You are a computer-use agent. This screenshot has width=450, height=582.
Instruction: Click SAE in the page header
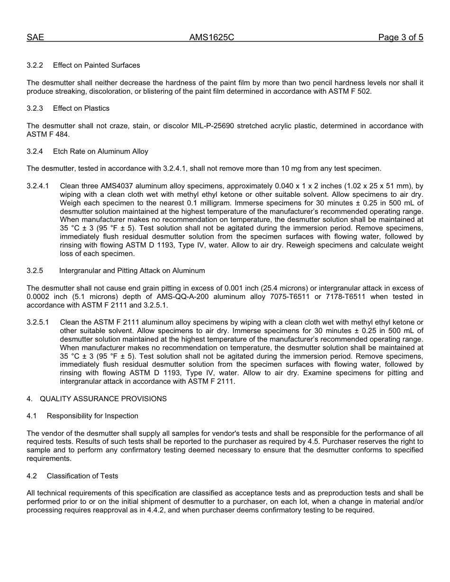click(x=35, y=37)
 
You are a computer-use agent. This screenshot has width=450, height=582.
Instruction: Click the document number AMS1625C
click(x=212, y=37)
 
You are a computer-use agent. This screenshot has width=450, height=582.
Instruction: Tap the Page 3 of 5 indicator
click(x=400, y=37)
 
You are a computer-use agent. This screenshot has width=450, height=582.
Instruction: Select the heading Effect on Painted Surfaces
click(x=96, y=65)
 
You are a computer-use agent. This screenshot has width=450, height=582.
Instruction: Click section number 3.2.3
click(x=35, y=108)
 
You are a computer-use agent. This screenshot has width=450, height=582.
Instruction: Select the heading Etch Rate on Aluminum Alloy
click(x=100, y=151)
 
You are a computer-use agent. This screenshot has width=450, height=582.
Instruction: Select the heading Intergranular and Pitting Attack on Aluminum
click(x=132, y=271)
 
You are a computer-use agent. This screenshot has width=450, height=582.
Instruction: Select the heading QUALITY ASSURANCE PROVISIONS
click(x=103, y=399)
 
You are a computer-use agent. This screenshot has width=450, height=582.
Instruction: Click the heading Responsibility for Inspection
click(x=92, y=416)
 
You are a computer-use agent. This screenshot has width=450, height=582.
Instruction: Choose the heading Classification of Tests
click(x=82, y=476)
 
